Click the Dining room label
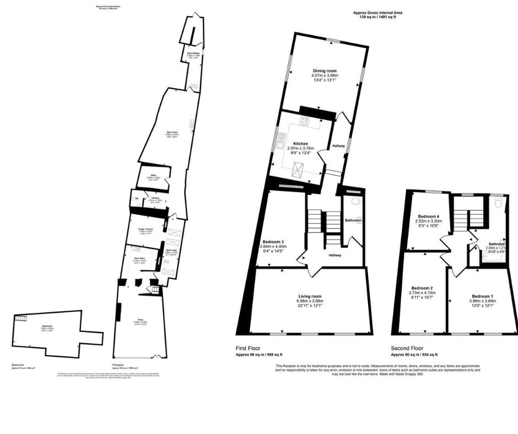(x=325, y=70)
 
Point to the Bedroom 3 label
(x=273, y=243)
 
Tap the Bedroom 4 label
(x=429, y=216)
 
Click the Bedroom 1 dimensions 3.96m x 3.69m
(x=482, y=301)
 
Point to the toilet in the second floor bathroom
(x=498, y=203)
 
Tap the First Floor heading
(x=249, y=348)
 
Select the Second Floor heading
(x=408, y=348)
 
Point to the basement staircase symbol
(x=21, y=319)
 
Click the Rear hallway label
(x=192, y=53)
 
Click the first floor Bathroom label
(x=353, y=220)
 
